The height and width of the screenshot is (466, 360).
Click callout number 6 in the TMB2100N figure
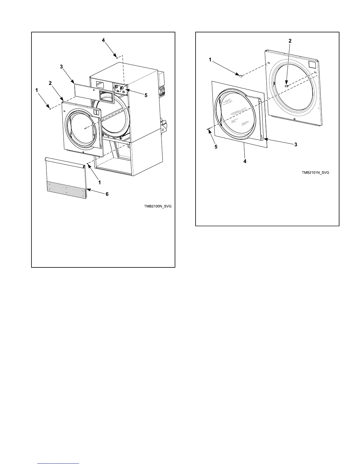coord(107,194)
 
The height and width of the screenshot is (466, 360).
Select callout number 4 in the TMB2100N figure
coord(104,41)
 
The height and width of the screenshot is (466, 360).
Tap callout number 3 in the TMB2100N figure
coord(61,67)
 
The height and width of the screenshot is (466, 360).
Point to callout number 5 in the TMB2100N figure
coord(146,95)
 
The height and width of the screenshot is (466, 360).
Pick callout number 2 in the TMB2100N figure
coord(50,83)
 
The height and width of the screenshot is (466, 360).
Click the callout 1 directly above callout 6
coord(100,182)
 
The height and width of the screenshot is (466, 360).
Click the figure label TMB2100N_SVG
coord(158,206)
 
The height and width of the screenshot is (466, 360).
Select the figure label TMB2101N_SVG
coord(315,173)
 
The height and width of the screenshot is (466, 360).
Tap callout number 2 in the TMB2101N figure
coord(290,41)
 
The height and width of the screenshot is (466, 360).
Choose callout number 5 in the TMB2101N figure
coord(216,147)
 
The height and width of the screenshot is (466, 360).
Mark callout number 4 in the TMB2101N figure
coord(245,161)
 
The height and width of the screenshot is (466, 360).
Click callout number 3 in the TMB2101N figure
coord(296,144)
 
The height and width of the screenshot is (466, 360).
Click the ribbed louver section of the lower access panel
coord(66,190)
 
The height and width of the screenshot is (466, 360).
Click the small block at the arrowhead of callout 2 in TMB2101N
coord(286,86)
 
